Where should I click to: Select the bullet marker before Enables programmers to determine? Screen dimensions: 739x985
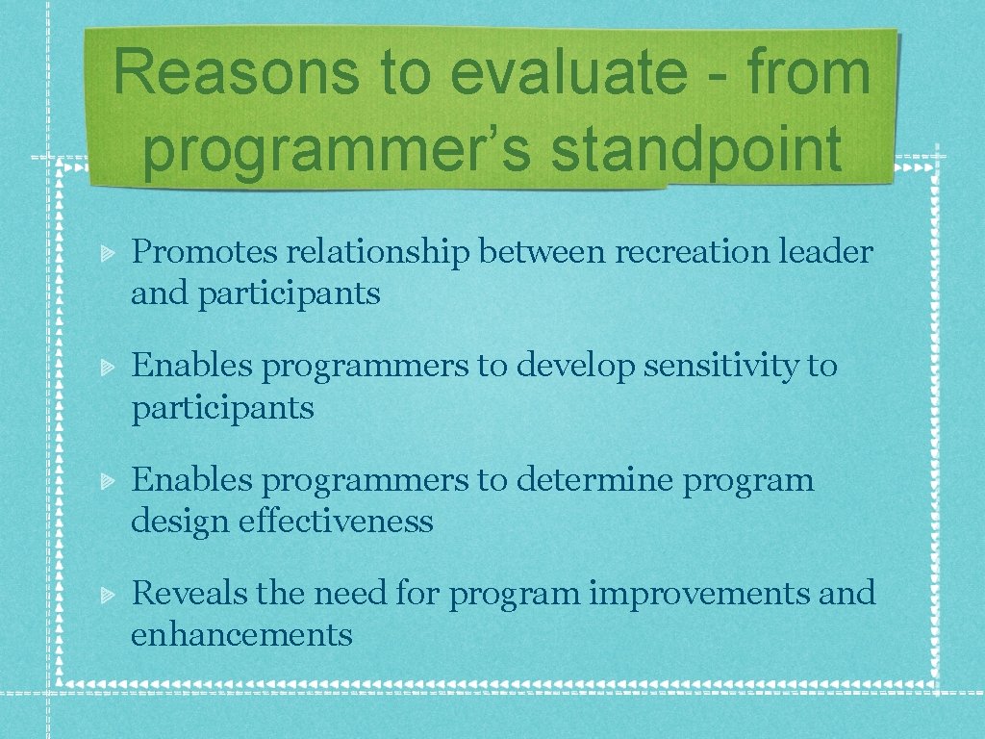click(109, 480)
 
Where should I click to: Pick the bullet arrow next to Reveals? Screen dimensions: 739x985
click(109, 594)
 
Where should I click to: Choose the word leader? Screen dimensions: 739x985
click(823, 252)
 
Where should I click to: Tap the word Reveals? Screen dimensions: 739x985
click(189, 593)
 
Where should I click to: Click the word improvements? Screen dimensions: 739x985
click(699, 594)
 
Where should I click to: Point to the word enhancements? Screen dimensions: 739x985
click(241, 635)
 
